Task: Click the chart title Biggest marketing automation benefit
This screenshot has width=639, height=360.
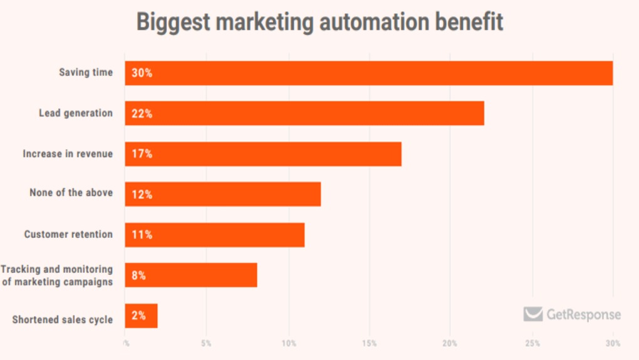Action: [319, 22]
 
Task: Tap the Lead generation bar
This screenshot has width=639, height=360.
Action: [304, 113]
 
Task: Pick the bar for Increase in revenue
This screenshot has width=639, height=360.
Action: [263, 154]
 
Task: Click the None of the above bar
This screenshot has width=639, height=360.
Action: [223, 194]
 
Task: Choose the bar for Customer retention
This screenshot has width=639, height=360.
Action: [215, 235]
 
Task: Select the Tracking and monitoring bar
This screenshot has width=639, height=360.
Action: [191, 275]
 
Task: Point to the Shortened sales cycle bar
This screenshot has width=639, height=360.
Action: [142, 316]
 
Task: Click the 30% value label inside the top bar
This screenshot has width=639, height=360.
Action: [142, 73]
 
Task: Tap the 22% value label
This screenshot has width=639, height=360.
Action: [142, 113]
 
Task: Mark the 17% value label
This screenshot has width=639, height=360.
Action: [142, 154]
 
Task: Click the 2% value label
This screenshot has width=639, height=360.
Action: [139, 316]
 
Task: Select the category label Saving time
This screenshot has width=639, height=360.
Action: [86, 73]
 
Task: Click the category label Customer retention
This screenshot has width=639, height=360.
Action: [68, 235]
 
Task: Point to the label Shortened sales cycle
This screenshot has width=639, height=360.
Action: [63, 320]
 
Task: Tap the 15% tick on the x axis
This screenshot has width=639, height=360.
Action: [369, 343]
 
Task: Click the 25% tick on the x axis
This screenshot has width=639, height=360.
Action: [532, 343]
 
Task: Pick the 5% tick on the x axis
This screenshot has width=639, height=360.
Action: [206, 343]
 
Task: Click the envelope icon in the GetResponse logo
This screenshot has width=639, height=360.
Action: [533, 314]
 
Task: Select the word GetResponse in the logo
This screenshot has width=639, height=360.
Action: [583, 315]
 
